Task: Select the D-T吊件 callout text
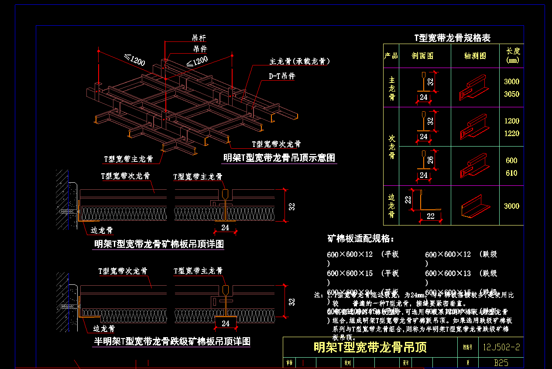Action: click(x=281, y=76)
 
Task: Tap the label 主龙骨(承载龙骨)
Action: click(x=299, y=61)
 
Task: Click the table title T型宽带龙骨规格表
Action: click(x=452, y=38)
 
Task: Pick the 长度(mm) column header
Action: click(x=513, y=56)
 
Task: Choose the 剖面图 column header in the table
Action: click(x=422, y=56)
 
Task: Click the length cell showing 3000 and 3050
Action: click(x=511, y=88)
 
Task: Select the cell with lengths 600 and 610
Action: click(x=511, y=167)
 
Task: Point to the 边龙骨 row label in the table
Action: click(x=391, y=205)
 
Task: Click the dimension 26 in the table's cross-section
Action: click(x=431, y=159)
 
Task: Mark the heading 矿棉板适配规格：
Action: click(x=361, y=239)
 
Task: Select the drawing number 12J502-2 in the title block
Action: click(x=501, y=348)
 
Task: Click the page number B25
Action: click(x=501, y=362)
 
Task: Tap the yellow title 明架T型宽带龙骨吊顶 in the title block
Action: click(x=370, y=347)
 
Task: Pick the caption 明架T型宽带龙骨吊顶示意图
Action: click(x=279, y=158)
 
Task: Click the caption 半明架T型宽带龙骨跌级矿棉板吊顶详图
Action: click(x=172, y=341)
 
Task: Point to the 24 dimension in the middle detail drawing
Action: click(x=225, y=228)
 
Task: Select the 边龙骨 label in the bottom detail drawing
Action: click(x=104, y=328)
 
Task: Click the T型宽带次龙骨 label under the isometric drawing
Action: click(x=276, y=144)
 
